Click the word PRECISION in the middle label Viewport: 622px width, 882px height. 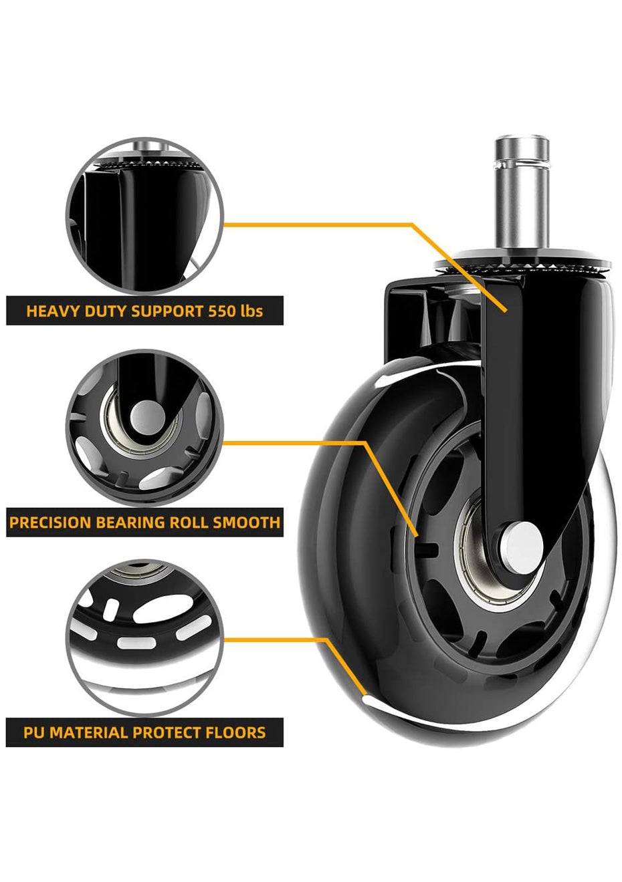(x=50, y=522)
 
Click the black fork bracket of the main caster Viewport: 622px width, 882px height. (x=535, y=374)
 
